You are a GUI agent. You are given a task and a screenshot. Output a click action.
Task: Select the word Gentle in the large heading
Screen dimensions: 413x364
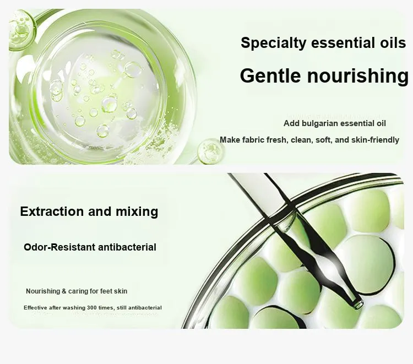click(x=270, y=75)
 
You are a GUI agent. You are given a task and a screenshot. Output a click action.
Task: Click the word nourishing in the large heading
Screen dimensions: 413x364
click(x=358, y=76)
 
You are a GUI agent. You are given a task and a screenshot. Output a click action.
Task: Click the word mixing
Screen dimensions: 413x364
click(x=137, y=212)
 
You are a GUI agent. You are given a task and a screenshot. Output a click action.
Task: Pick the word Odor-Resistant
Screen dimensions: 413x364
click(x=59, y=247)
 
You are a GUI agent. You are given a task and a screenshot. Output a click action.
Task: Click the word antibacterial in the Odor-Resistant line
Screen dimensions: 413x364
click(x=127, y=247)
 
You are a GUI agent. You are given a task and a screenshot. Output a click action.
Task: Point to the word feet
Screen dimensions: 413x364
click(x=106, y=291)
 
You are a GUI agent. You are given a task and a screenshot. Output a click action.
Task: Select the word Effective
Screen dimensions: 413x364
click(x=36, y=308)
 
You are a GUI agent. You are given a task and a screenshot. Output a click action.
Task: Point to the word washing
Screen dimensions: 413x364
click(x=74, y=308)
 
